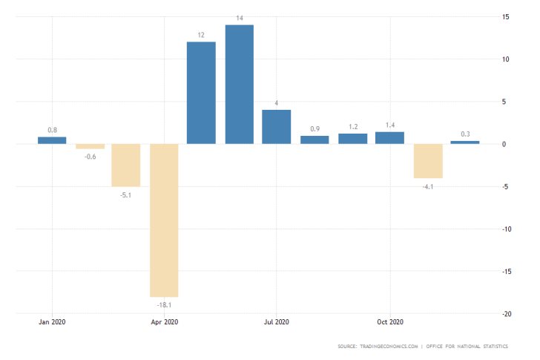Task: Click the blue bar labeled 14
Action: coord(239,84)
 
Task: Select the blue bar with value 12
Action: coord(201,93)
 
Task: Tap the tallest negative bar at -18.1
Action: coord(164,220)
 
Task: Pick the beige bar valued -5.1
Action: coord(126,165)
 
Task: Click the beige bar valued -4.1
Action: coord(427,161)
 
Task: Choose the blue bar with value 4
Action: coord(277,126)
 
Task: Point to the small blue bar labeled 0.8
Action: coord(52,140)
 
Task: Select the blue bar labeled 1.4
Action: coord(389,137)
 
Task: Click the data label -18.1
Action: coord(164,304)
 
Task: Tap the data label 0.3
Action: coord(465,134)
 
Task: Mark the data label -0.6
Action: coord(89,156)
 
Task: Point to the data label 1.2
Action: coord(352,126)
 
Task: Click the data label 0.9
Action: coord(315,128)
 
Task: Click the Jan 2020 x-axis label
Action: coord(52,322)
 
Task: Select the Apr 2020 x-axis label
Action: coord(164,322)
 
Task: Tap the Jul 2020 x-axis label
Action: coord(277,322)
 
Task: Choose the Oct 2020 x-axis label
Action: coord(389,322)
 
